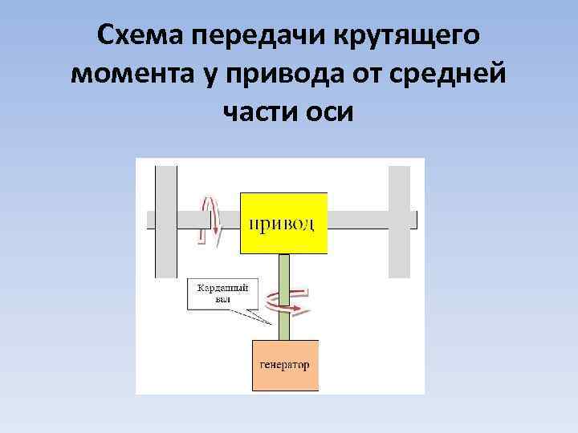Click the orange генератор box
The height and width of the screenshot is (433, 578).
click(285, 365)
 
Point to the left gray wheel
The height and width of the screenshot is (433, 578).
click(166, 221)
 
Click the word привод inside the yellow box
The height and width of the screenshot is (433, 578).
click(283, 222)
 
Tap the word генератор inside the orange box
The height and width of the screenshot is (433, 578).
click(285, 365)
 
